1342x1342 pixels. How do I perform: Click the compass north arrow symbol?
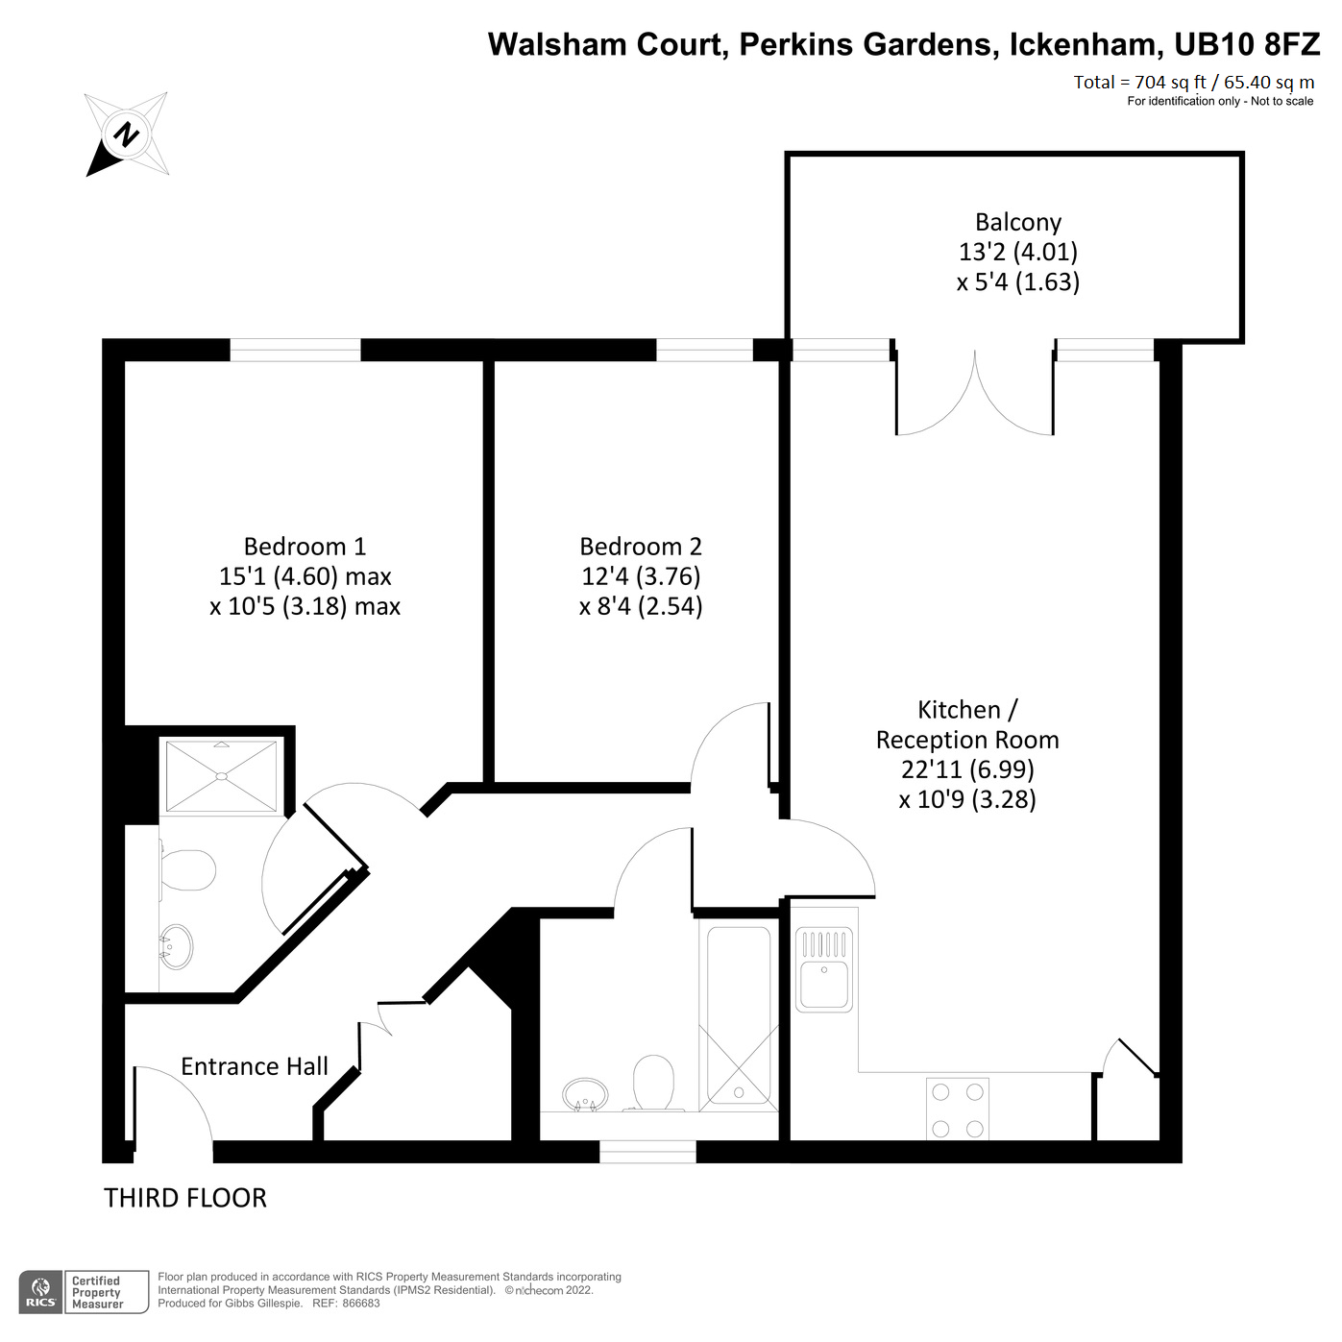pos(127,134)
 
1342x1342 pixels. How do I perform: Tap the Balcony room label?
pos(1017,222)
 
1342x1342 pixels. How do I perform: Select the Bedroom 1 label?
pos(305,547)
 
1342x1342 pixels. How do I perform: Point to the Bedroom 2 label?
pos(641,547)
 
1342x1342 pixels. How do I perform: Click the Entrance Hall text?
pos(255,1066)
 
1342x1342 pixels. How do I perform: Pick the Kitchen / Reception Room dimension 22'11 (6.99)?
pos(967,769)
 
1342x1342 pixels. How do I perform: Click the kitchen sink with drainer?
pos(824,968)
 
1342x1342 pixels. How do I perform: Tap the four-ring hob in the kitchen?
pos(958,1110)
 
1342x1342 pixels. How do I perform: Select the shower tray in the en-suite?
pos(222,775)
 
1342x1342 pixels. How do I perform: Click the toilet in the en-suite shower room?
pos(186,870)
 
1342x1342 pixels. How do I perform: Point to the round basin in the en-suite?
pos(176,947)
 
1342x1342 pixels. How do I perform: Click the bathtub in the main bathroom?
pos(739,1014)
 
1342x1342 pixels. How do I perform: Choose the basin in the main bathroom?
pos(585,1093)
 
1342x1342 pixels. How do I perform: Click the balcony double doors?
pos(975,394)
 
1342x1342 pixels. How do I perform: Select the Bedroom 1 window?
pos(295,351)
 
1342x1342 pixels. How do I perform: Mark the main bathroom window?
pos(647,1151)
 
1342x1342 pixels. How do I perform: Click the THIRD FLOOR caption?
pos(185,1198)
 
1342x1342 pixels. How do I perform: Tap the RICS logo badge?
pos(40,1292)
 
